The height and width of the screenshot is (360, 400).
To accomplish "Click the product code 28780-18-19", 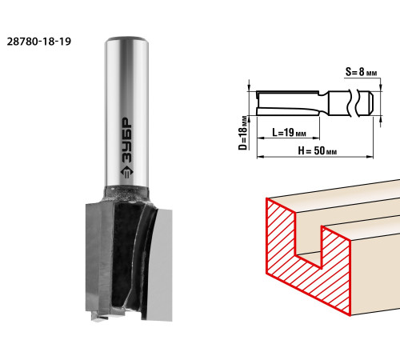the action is pyautogui.click(x=39, y=42).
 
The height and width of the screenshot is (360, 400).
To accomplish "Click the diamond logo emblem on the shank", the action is pyautogui.click(x=126, y=173).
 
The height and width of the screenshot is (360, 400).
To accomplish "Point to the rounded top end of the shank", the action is pyautogui.click(x=126, y=39).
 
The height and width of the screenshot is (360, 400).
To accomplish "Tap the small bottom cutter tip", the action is pyautogui.click(x=99, y=316).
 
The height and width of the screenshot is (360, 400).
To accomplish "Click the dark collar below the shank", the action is pyautogui.click(x=126, y=194).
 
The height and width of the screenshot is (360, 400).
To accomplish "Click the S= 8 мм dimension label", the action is pyautogui.click(x=361, y=72).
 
